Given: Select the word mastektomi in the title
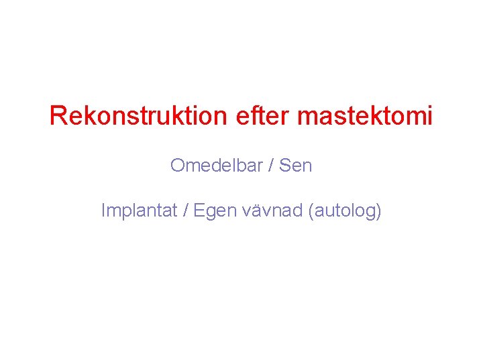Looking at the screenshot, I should click(365, 117).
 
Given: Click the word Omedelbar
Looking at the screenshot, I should click(216, 165).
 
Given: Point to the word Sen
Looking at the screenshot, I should click(296, 165).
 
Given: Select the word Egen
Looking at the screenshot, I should click(213, 212).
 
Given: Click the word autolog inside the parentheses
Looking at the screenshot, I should click(344, 212).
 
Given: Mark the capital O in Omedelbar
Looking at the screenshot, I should click(177, 165).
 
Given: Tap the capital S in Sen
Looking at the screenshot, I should click(284, 165).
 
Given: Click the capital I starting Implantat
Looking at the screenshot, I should click(103, 210).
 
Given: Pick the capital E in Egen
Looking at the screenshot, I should click(199, 210).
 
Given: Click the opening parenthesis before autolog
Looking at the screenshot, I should click(311, 211).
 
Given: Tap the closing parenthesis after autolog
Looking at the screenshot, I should click(378, 211).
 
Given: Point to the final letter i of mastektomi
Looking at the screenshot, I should click(429, 117).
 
